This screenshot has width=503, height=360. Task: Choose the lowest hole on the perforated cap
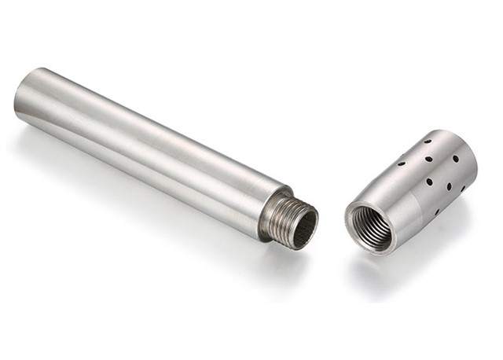tap(437, 211)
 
